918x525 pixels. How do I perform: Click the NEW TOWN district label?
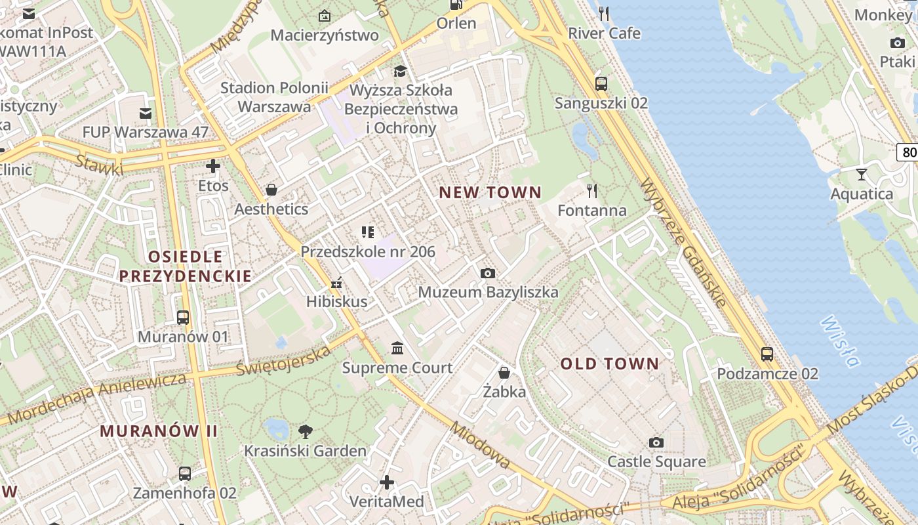(490, 192)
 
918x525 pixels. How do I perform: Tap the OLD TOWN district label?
(609, 364)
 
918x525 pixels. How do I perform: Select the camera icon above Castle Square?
(656, 442)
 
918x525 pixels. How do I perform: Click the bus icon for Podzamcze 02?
(767, 354)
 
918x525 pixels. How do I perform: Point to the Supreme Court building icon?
(397, 348)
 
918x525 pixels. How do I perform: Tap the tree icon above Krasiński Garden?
(305, 431)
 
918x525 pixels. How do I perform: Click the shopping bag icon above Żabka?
(504, 373)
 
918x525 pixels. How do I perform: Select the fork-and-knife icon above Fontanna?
(592, 191)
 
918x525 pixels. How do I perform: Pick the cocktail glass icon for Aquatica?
(862, 175)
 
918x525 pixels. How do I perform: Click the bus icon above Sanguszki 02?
(601, 83)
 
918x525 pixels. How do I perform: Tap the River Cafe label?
(604, 33)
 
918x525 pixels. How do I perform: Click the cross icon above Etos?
(213, 166)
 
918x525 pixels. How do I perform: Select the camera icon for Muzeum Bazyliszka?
(487, 273)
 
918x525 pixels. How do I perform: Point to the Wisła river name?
(839, 341)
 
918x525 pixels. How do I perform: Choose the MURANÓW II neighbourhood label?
(159, 431)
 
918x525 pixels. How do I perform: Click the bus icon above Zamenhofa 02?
(185, 473)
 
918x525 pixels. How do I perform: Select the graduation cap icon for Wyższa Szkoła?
(400, 70)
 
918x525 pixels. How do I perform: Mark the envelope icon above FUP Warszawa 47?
(146, 114)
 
